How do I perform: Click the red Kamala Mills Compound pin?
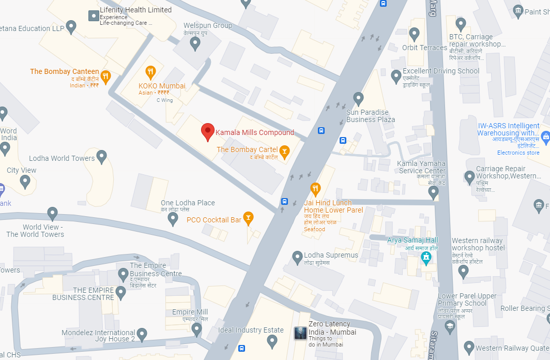click(x=208, y=131)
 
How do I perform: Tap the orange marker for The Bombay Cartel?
click(x=284, y=151)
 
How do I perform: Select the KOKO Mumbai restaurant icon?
click(x=150, y=71)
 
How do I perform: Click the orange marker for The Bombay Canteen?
click(x=105, y=77)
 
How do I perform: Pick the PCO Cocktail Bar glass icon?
click(x=248, y=218)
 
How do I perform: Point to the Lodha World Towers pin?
click(x=102, y=155)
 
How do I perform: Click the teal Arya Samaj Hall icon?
click(x=426, y=257)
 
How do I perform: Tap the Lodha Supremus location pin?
click(x=297, y=256)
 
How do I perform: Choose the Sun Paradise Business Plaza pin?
click(x=358, y=97)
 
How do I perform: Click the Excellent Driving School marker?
click(x=396, y=76)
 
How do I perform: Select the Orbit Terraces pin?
click(x=414, y=34)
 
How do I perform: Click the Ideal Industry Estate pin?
click(x=272, y=340)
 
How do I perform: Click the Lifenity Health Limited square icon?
click(x=94, y=16)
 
